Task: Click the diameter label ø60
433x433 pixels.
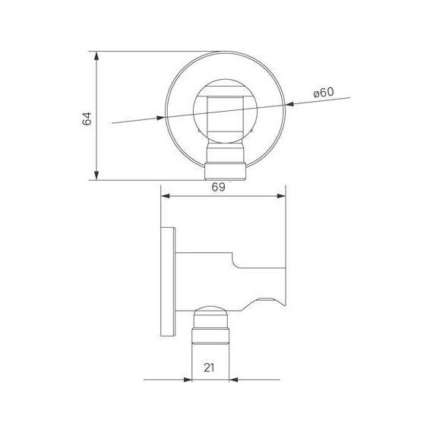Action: coord(324,93)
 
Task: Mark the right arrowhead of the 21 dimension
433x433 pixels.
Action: coord(235,380)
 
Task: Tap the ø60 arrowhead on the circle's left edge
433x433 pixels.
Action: coord(160,117)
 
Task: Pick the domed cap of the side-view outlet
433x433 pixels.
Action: coord(210,314)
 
